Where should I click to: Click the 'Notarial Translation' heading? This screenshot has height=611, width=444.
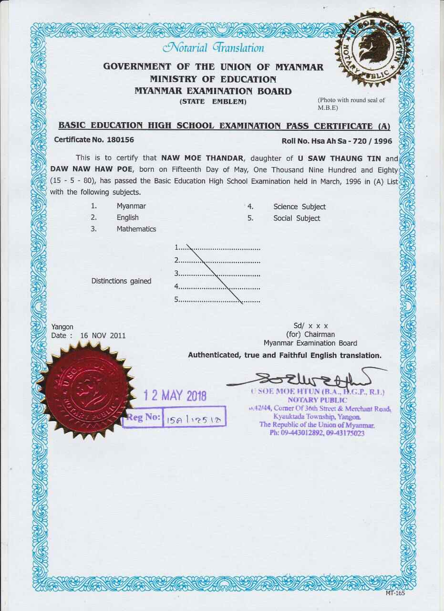(213, 48)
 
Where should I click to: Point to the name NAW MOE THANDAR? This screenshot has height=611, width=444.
(201, 158)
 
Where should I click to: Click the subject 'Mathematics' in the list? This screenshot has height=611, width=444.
(136, 229)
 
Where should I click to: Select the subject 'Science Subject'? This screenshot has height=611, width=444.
(299, 207)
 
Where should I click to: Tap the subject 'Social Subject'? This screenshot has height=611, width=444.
(297, 218)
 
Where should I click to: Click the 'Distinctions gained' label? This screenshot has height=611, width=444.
(121, 281)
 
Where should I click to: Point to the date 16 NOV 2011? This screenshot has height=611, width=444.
(103, 336)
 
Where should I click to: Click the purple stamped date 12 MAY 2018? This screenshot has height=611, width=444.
(175, 395)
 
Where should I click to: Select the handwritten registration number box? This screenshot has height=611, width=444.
(194, 418)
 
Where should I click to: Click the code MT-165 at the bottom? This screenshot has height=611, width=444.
(395, 593)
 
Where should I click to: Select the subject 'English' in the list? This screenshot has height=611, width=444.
(128, 218)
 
